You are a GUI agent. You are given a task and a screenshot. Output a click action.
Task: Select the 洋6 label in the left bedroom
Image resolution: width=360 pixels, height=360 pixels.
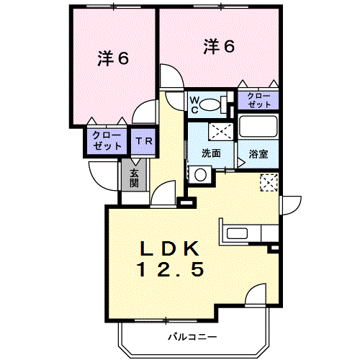click(x=113, y=59)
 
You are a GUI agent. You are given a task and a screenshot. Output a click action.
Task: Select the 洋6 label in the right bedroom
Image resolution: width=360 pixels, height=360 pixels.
click(x=218, y=46)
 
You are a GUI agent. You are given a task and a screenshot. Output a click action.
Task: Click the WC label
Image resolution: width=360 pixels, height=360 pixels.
click(x=194, y=104)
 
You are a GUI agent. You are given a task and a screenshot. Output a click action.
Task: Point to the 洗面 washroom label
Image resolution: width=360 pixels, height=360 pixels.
click(x=211, y=153)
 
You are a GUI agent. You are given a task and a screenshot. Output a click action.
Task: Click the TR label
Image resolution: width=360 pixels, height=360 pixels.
click(x=143, y=141)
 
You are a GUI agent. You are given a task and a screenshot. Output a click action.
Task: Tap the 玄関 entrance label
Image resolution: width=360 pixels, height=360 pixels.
click(x=135, y=177)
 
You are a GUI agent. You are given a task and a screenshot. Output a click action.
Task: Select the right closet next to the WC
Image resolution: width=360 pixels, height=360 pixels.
click(x=258, y=101)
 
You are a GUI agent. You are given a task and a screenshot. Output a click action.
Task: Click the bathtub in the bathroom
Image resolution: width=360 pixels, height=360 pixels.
click(x=258, y=128)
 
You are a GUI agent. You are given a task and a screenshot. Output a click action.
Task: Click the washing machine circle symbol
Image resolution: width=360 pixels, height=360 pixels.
click(x=199, y=174)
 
